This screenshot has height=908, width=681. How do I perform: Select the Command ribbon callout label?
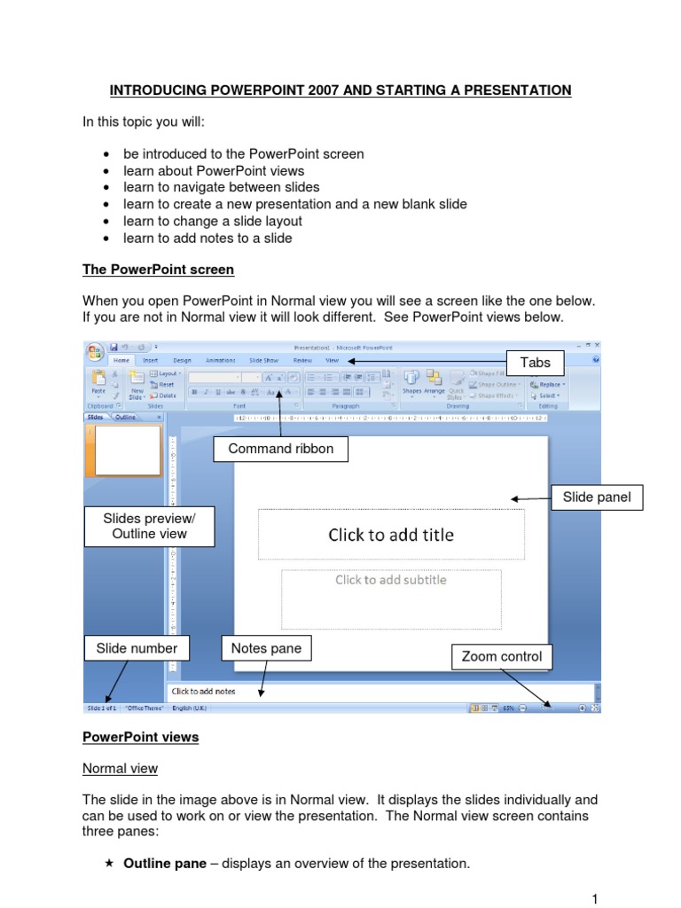(x=281, y=450)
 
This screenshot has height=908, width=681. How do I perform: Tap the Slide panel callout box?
(x=597, y=497)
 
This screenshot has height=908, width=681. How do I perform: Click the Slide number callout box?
(x=137, y=648)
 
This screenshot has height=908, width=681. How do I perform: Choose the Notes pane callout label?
(x=266, y=648)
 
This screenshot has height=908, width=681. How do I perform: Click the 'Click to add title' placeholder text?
(x=391, y=535)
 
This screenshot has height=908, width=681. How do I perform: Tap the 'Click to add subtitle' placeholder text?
(x=390, y=580)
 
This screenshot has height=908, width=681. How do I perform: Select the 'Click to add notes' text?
(x=203, y=691)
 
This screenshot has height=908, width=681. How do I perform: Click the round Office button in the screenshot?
(x=95, y=351)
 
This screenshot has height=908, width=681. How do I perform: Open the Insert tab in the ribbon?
(x=150, y=361)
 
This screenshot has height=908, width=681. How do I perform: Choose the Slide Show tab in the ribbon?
(x=263, y=361)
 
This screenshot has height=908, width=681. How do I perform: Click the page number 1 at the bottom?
(x=594, y=898)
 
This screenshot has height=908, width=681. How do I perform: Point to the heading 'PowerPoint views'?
(x=140, y=738)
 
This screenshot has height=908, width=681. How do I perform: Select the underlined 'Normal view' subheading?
(x=120, y=769)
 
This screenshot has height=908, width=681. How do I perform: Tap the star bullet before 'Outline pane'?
(x=108, y=863)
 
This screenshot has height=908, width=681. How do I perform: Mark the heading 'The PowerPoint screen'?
(x=158, y=269)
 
